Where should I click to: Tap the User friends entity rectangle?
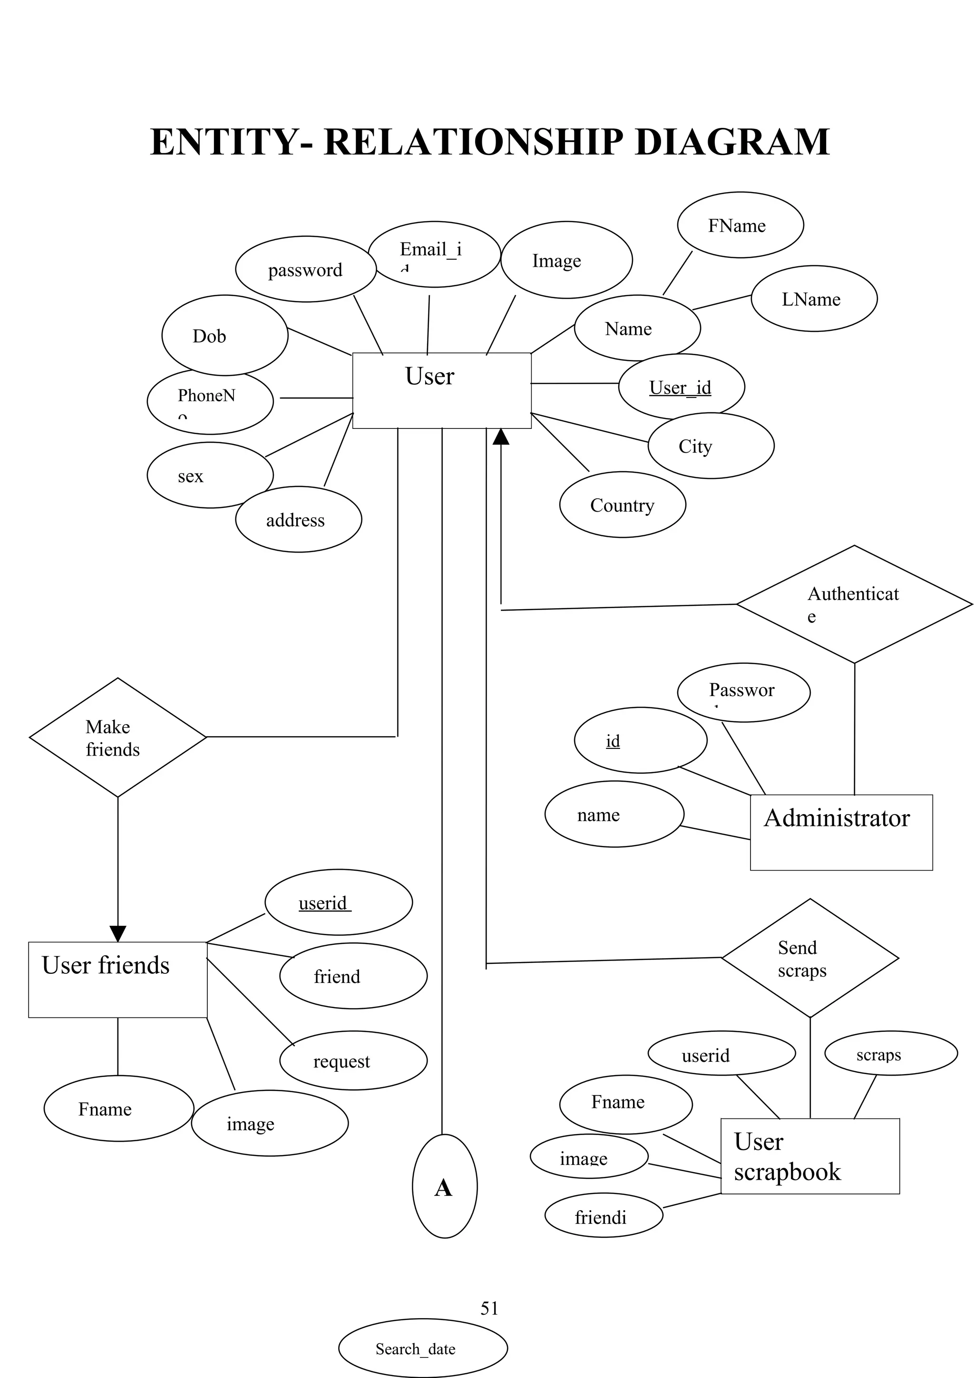[x=117, y=980]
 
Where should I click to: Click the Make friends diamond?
[x=117, y=737]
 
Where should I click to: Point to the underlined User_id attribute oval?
[x=681, y=387]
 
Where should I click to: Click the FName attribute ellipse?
[x=740, y=225]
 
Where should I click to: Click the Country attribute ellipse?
[x=623, y=505]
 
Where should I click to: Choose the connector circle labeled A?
[x=444, y=1186]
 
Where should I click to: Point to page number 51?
[x=489, y=1308]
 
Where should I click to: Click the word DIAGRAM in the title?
[x=731, y=142]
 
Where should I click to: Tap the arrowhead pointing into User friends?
[x=117, y=934]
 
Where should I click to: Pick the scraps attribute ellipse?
[x=891, y=1053]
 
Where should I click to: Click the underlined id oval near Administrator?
[x=640, y=740]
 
